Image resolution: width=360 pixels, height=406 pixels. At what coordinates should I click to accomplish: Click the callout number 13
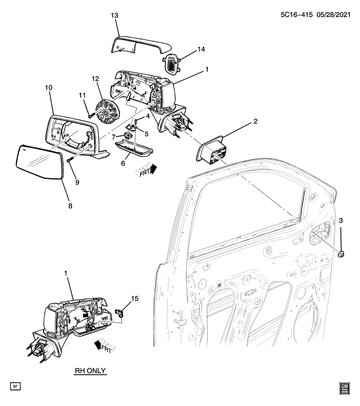pyautogui.click(x=115, y=15)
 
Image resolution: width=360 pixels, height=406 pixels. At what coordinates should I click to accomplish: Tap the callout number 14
pyautogui.click(x=201, y=50)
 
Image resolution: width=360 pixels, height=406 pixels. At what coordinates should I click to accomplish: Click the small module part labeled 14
pyautogui.click(x=171, y=64)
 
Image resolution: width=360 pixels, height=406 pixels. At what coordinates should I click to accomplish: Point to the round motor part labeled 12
pyautogui.click(x=107, y=112)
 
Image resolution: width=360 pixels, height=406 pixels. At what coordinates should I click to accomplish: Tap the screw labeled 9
pyautogui.click(x=70, y=161)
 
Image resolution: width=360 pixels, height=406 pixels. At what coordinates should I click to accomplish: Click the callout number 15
pyautogui.click(x=134, y=299)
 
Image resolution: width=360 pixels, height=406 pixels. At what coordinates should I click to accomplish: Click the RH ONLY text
pyautogui.click(x=91, y=371)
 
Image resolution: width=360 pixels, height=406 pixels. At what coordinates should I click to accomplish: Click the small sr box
pyautogui.click(x=15, y=386)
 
